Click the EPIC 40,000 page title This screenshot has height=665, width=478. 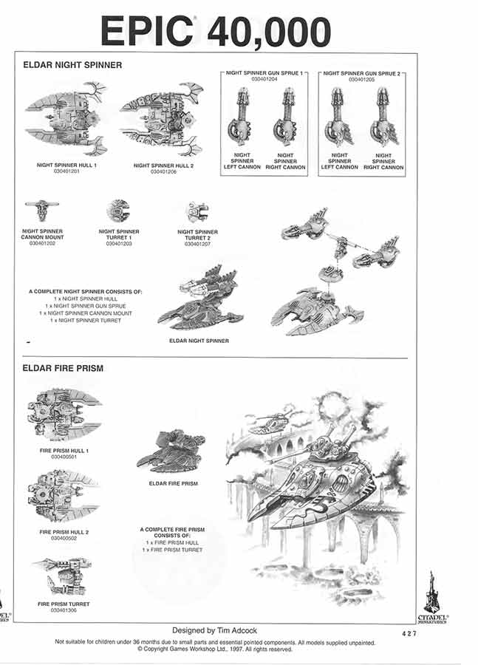(x=215, y=31)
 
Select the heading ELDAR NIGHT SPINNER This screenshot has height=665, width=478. (x=72, y=65)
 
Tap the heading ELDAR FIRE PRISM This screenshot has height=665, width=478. (x=63, y=368)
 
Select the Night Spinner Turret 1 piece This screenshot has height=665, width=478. (x=118, y=211)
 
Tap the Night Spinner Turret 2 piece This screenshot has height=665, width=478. (x=197, y=212)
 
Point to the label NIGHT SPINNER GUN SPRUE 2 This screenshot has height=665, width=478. (x=361, y=74)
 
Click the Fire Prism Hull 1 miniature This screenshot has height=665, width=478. (x=63, y=414)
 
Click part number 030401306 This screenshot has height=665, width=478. (x=63, y=610)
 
